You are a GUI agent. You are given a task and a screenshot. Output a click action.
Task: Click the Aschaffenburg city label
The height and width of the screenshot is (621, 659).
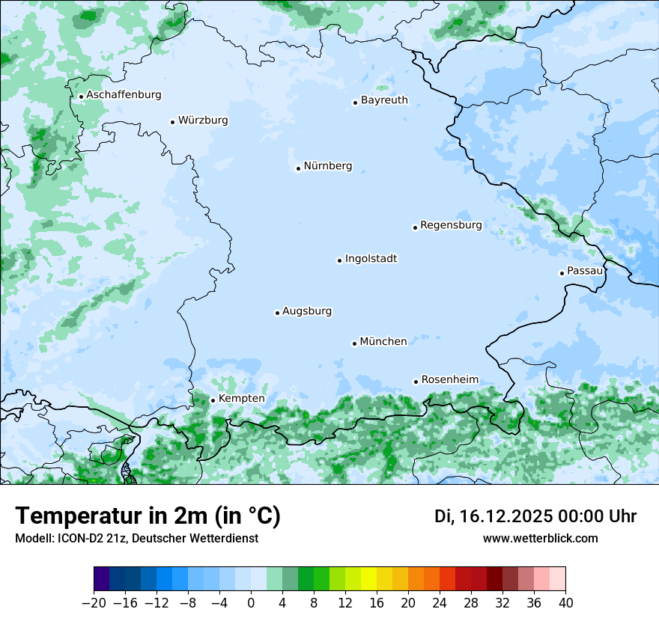tap(124, 95)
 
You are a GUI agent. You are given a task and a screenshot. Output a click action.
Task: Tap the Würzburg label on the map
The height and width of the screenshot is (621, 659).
tap(203, 120)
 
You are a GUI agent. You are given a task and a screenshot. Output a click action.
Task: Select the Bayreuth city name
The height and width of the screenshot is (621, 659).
tap(384, 100)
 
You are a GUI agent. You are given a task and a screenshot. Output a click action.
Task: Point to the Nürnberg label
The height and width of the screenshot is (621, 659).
tap(327, 166)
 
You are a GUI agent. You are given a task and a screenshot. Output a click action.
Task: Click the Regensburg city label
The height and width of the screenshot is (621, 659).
tap(451, 225)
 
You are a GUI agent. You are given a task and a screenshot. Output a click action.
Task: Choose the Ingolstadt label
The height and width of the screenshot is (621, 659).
tap(371, 259)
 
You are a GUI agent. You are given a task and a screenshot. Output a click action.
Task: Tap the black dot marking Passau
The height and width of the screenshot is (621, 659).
tap(562, 273)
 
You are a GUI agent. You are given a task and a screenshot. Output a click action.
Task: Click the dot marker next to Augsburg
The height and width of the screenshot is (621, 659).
tap(277, 313)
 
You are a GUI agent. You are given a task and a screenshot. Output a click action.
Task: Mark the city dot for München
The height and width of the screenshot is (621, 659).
tap(354, 343)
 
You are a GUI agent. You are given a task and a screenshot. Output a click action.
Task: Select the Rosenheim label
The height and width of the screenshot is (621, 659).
tap(449, 380)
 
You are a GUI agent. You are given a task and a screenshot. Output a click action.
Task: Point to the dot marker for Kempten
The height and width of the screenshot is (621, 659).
tap(213, 400)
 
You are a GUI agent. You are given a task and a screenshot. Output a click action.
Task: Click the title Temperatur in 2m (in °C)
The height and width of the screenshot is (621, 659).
tap(148, 516)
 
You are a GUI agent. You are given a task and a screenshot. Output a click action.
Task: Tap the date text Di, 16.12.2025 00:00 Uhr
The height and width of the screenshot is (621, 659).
tap(535, 516)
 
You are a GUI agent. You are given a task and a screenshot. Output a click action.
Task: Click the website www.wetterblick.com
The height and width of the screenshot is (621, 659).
tap(540, 539)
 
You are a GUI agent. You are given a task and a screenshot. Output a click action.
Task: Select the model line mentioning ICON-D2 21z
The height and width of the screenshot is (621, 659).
tap(136, 539)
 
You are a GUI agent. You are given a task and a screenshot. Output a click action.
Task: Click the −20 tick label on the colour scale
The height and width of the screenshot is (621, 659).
tap(94, 603)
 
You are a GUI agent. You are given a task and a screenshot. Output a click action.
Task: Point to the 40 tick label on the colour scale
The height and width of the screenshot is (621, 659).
tap(565, 603)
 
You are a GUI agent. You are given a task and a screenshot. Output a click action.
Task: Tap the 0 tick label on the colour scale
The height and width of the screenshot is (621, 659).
tap(251, 603)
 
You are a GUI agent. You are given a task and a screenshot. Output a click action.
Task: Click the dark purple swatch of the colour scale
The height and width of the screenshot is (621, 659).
tap(102, 579)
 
